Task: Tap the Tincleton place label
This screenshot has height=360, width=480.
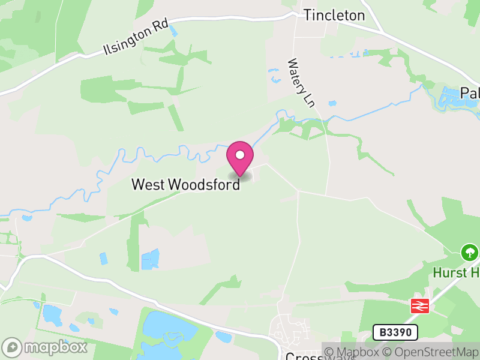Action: [334, 16]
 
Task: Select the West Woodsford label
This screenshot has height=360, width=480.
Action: [186, 184]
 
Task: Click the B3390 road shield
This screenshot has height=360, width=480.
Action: [395, 332]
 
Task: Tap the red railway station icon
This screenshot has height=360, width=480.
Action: [420, 306]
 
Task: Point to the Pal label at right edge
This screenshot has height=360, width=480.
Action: [470, 94]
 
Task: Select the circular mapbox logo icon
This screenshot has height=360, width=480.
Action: [13, 347]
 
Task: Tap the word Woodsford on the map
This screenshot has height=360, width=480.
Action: [204, 184]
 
